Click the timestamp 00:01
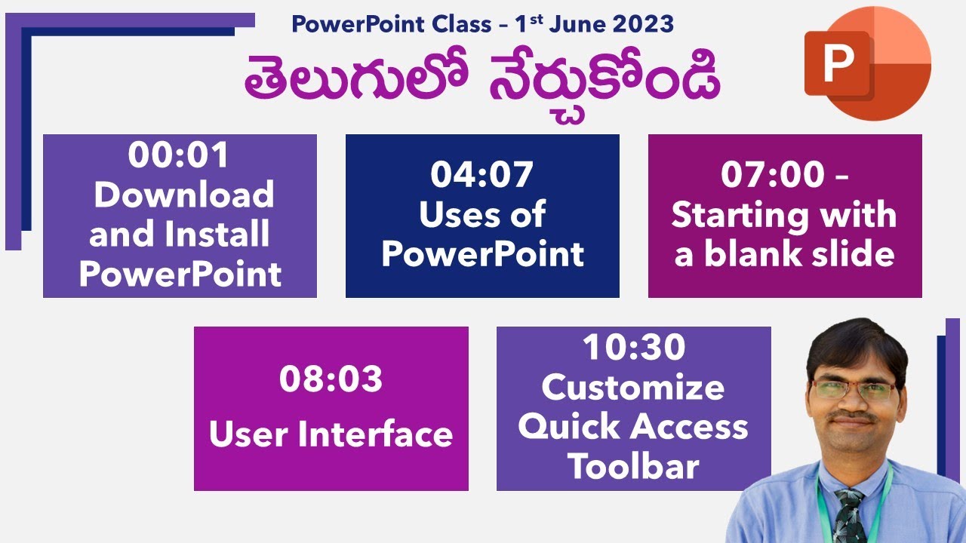click(x=178, y=156)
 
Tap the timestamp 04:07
click(x=481, y=175)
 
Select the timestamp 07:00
click(x=772, y=175)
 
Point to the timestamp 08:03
click(x=331, y=380)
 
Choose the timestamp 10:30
click(x=633, y=348)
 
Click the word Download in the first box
click(x=183, y=195)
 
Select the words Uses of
click(x=481, y=215)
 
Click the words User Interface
click(x=331, y=434)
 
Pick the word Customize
click(x=633, y=388)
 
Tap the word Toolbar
click(x=633, y=467)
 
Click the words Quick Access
click(x=633, y=428)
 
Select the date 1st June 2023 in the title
click(x=594, y=23)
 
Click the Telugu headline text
click(x=481, y=81)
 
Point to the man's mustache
click(x=854, y=417)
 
